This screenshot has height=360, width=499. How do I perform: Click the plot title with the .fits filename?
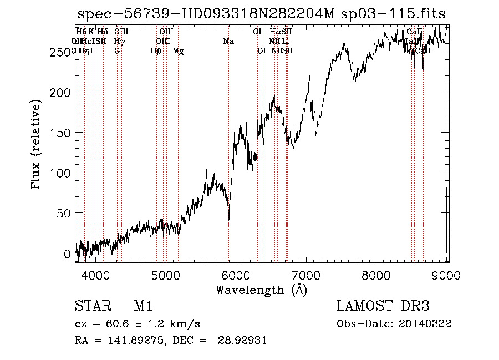pos(261,13)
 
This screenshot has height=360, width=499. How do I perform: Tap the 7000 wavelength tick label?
pos(307,275)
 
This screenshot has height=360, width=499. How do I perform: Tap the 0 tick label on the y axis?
pos(67,253)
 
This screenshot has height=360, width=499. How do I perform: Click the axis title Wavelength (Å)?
pos(261,290)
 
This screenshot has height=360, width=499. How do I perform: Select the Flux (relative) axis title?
pos(37,145)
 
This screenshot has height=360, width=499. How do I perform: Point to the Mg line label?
pos(178,51)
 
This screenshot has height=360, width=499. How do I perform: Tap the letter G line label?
pos(117,51)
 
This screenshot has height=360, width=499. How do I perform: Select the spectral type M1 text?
pos(143,306)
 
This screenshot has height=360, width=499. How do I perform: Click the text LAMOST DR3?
pos(383,306)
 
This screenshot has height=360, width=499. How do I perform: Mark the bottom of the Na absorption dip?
pos(229,219)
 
